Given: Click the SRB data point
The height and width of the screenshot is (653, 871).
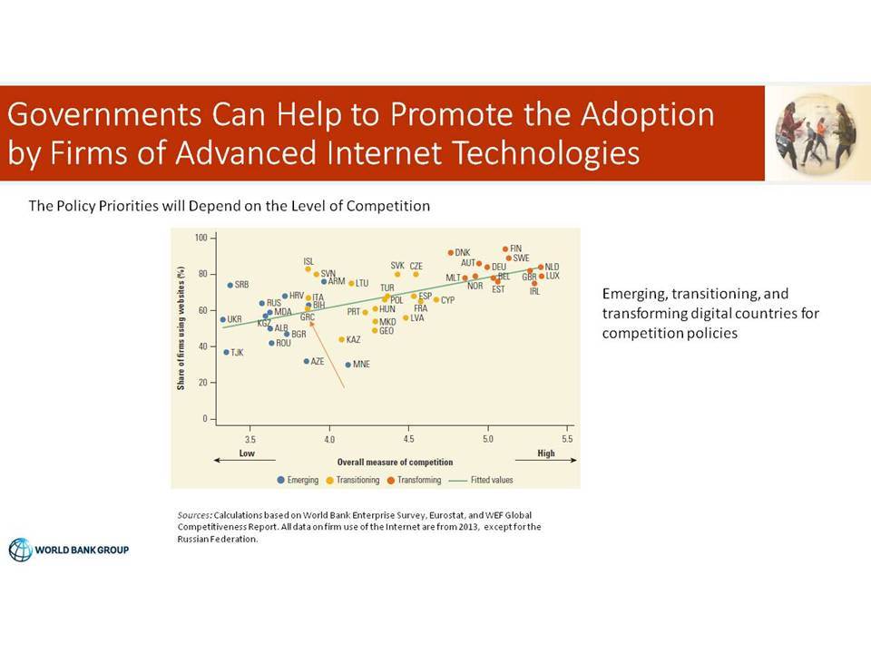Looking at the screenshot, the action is [x=230, y=285].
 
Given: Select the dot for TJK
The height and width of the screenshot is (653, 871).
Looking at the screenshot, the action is [x=226, y=353].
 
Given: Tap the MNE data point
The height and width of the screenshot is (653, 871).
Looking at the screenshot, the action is [x=348, y=365].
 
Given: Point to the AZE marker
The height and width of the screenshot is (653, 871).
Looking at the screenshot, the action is [x=306, y=362].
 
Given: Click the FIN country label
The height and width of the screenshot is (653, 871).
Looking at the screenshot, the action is [x=516, y=249].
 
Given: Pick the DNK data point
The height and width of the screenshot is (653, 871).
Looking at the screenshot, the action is [x=451, y=253].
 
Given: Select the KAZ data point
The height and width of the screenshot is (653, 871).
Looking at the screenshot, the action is [x=342, y=339].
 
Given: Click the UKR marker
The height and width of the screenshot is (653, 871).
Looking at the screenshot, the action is [x=223, y=320].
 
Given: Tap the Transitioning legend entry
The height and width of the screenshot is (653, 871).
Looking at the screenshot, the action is [x=353, y=481].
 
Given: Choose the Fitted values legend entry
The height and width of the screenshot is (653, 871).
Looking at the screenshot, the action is [x=481, y=481].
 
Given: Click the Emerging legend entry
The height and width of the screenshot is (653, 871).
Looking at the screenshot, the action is [x=298, y=481].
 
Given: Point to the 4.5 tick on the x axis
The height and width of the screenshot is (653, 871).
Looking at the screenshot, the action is [x=408, y=439].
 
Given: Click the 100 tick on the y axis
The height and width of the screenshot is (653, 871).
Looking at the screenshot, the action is [x=201, y=238].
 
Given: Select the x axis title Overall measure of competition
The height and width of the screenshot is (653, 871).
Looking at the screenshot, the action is [x=395, y=462].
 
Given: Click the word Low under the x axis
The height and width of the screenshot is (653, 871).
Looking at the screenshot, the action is [x=247, y=453].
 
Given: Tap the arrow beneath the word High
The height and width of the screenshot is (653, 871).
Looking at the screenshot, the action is [x=546, y=461].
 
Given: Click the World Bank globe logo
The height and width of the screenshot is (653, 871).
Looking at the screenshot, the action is [x=21, y=550].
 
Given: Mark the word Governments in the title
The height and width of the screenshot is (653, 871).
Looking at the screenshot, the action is [x=103, y=114].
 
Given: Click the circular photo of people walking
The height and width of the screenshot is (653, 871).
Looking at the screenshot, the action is [x=815, y=133].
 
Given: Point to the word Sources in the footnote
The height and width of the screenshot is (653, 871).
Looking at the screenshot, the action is [x=194, y=515].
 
